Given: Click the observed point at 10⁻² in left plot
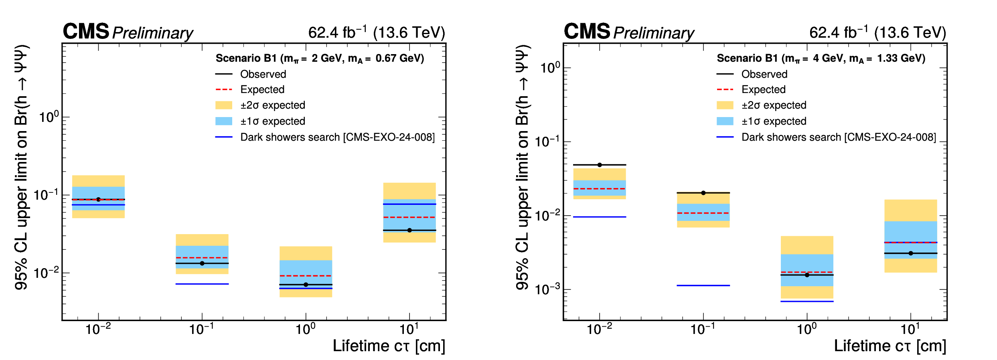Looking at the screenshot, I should tap(98, 199).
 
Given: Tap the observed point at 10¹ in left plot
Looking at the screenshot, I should tap(409, 230).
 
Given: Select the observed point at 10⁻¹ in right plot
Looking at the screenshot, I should tap(703, 193).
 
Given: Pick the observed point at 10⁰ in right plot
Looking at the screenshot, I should tap(807, 275).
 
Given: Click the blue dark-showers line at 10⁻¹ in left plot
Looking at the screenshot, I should tap(202, 284).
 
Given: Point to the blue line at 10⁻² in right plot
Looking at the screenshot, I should tap(600, 217).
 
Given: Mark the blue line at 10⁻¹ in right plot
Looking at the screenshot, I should tap(703, 285).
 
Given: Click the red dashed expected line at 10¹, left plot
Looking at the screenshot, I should tap(409, 217).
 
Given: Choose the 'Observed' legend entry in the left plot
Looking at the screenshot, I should tap(263, 74).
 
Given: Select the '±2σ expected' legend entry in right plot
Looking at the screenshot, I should tap(774, 105).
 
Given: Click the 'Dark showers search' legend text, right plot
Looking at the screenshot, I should tap(839, 137).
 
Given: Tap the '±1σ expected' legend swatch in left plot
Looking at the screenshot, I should tap(224, 121).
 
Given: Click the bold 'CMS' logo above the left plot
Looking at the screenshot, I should tap(86, 31).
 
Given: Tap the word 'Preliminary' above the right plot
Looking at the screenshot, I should tap(654, 33).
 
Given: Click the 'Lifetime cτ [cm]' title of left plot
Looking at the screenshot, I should tap(389, 346).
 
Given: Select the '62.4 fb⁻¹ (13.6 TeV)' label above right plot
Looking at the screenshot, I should tap(877, 32).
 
